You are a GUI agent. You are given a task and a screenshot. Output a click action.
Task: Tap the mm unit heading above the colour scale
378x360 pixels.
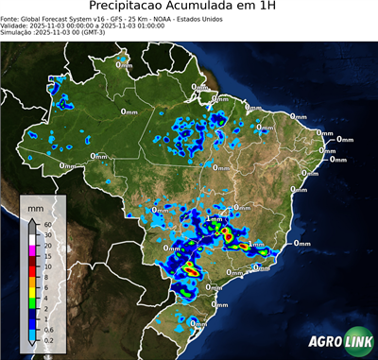(x=35, y=205)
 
